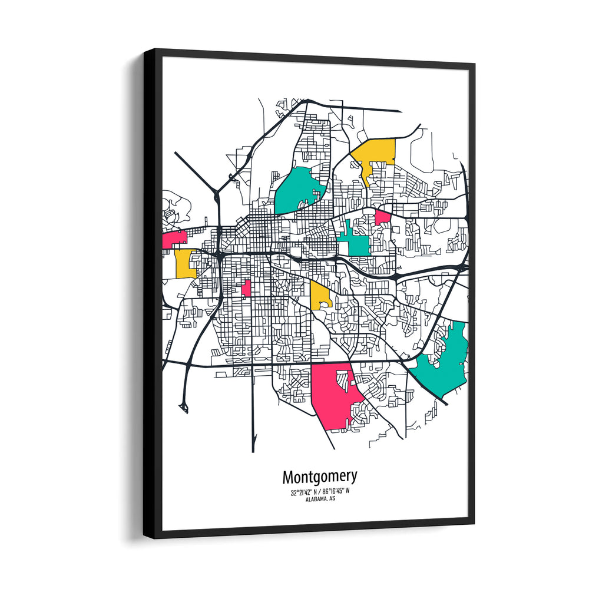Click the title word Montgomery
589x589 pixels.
point(319,476)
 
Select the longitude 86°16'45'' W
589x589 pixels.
point(336,492)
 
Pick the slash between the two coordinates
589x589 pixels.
point(318,492)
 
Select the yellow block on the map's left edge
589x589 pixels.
point(185,264)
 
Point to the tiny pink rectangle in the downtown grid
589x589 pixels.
point(246,288)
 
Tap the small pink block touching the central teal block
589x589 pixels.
point(382,217)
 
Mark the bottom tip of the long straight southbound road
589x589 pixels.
point(253,451)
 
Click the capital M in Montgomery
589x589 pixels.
point(289,476)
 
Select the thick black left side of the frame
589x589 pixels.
point(152,294)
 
